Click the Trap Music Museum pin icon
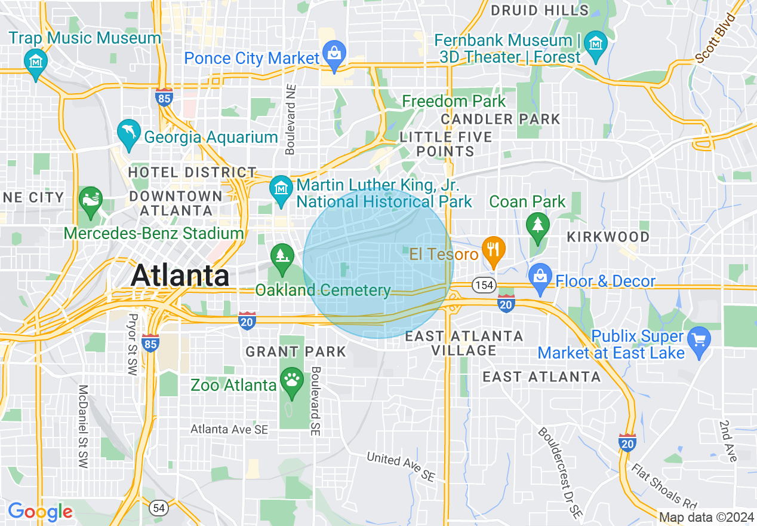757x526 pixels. click(x=36, y=61)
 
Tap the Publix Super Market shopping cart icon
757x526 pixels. click(x=698, y=341)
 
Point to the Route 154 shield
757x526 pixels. click(x=484, y=285)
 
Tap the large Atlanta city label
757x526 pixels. click(x=180, y=276)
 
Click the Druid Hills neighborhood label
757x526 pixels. click(x=539, y=10)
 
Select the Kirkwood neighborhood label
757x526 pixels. click(x=608, y=237)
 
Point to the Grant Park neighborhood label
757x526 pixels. click(x=296, y=351)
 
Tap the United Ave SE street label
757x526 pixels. click(x=401, y=467)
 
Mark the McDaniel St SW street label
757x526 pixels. click(x=83, y=426)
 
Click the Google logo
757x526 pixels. click(x=39, y=512)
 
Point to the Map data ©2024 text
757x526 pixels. click(x=706, y=517)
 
